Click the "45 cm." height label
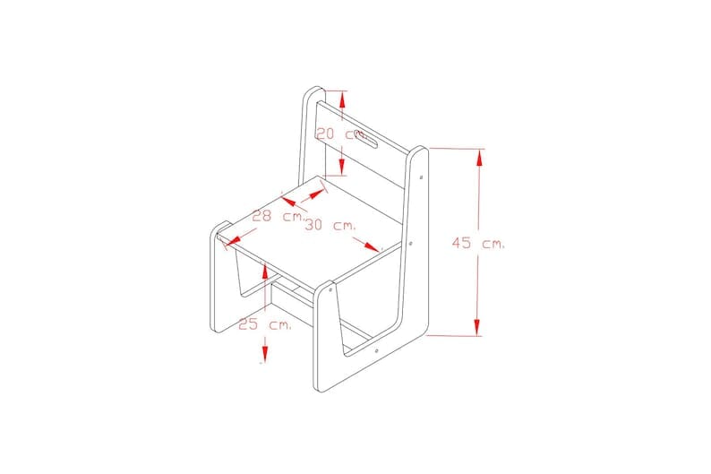click(x=478, y=243)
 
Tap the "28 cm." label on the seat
click(x=278, y=216)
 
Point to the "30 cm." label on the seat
click(x=330, y=225)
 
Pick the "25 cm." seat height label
click(x=265, y=324)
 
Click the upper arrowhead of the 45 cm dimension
click(x=478, y=159)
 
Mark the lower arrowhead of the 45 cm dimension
click(x=477, y=327)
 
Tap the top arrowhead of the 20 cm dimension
click(x=343, y=99)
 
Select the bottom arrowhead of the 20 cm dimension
click(x=342, y=167)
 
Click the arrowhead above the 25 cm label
click(x=265, y=271)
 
